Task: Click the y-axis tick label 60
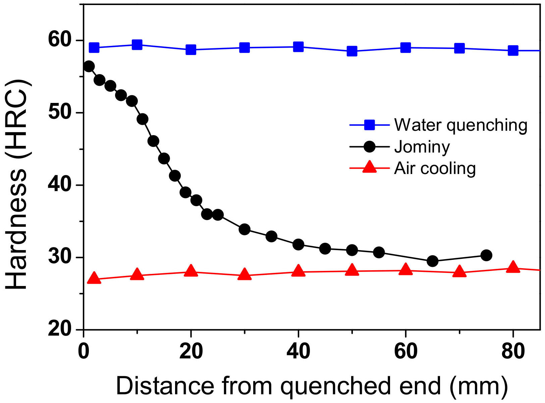pos(60,40)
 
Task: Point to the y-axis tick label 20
pos(60,329)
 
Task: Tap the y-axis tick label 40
pos(60,185)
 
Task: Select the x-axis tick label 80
pos(513,352)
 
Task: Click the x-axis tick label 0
pos(83,352)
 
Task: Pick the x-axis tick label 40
pos(298,352)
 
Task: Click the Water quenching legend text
pos(461,125)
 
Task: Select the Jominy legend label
pos(422,147)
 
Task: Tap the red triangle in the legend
pos(370,167)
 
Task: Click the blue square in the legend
pos(370,125)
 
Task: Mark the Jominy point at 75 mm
pos(486,255)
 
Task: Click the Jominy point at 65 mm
pos(433,261)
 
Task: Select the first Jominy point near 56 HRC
pos(89,66)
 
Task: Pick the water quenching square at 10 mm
pos(137,45)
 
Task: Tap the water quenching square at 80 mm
pos(513,51)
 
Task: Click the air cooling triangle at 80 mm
pos(513,268)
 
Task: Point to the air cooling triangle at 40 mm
pos(298,271)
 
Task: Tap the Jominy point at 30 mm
pos(244,230)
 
